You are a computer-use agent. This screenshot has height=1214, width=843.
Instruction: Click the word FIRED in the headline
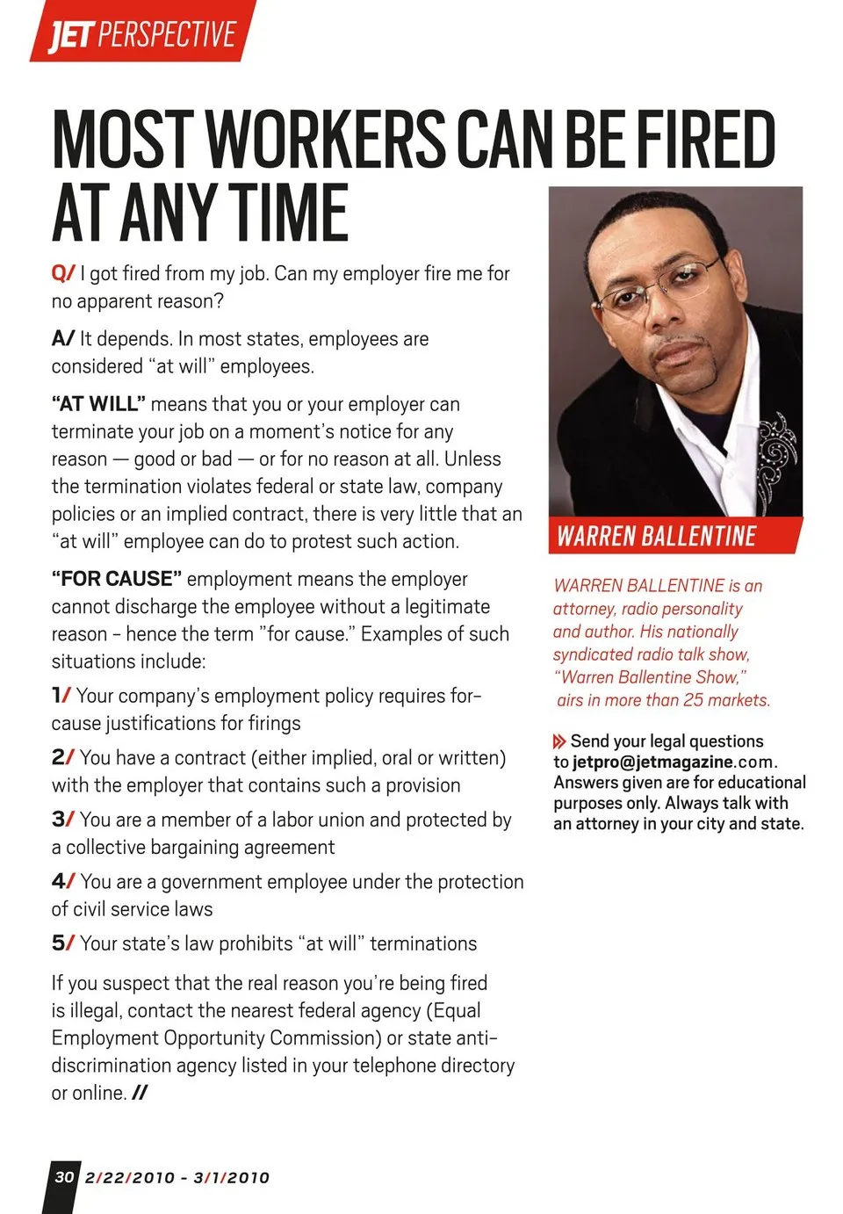coord(704,140)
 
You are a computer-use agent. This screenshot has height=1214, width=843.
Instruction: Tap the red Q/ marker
coord(63,273)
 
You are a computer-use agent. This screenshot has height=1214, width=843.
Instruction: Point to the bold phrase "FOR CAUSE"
coord(116,579)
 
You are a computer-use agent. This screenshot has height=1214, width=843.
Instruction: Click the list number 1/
coord(61,696)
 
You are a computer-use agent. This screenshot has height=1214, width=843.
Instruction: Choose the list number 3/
coord(62,820)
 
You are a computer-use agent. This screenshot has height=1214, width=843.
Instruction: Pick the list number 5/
coord(62,943)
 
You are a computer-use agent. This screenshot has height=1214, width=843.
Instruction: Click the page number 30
coord(64,1177)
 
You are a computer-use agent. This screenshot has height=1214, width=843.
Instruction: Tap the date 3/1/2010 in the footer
coord(231,1178)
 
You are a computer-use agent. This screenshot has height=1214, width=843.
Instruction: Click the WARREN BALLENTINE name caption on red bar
coord(657,536)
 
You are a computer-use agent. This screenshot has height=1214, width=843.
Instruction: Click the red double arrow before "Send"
coord(559,741)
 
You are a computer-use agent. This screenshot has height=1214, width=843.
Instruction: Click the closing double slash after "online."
coord(139,1093)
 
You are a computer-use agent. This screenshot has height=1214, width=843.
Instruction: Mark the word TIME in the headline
coord(291,213)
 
